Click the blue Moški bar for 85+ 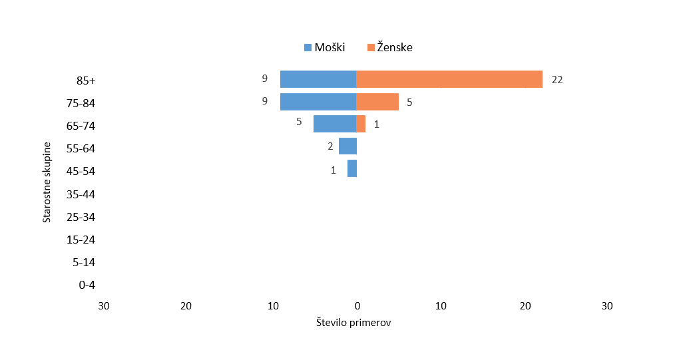[x=318, y=79]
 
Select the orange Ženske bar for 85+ [x=449, y=79]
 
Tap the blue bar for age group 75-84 [x=318, y=102]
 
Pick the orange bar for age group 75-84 [x=377, y=102]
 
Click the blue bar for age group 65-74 [x=335, y=124]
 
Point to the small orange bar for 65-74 [x=361, y=124]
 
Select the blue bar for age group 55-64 [x=347, y=146]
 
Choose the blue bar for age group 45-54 [x=352, y=168]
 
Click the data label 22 [x=557, y=80]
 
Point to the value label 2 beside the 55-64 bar [x=330, y=146]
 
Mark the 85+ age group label [x=87, y=81]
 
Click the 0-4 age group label [x=87, y=285]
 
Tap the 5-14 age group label [x=85, y=262]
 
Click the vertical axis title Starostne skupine [x=47, y=182]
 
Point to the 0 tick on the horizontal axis [x=357, y=305]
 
